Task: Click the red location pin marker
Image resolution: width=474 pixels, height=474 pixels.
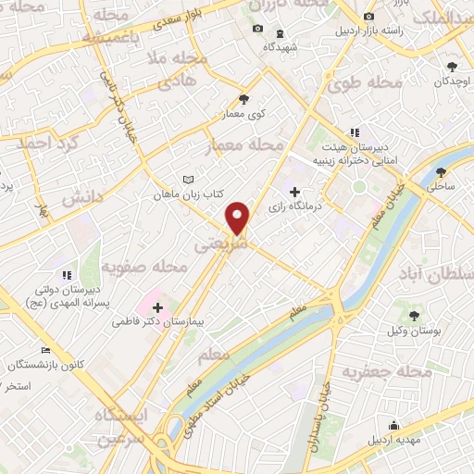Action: [238, 218]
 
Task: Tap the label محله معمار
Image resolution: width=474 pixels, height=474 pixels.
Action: [252, 144]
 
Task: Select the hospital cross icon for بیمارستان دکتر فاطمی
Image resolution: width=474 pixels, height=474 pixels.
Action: [157, 306]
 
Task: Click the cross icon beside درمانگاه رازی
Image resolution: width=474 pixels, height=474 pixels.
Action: [294, 192]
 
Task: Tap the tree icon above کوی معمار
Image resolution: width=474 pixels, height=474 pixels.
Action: [243, 100]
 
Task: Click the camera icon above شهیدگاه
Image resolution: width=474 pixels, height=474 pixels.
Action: [257, 30]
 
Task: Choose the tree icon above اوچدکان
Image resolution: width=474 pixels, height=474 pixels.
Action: [452, 67]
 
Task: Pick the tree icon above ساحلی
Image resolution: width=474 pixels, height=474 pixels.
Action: [441, 171]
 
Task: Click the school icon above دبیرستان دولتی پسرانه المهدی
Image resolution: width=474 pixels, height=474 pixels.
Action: [65, 275]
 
